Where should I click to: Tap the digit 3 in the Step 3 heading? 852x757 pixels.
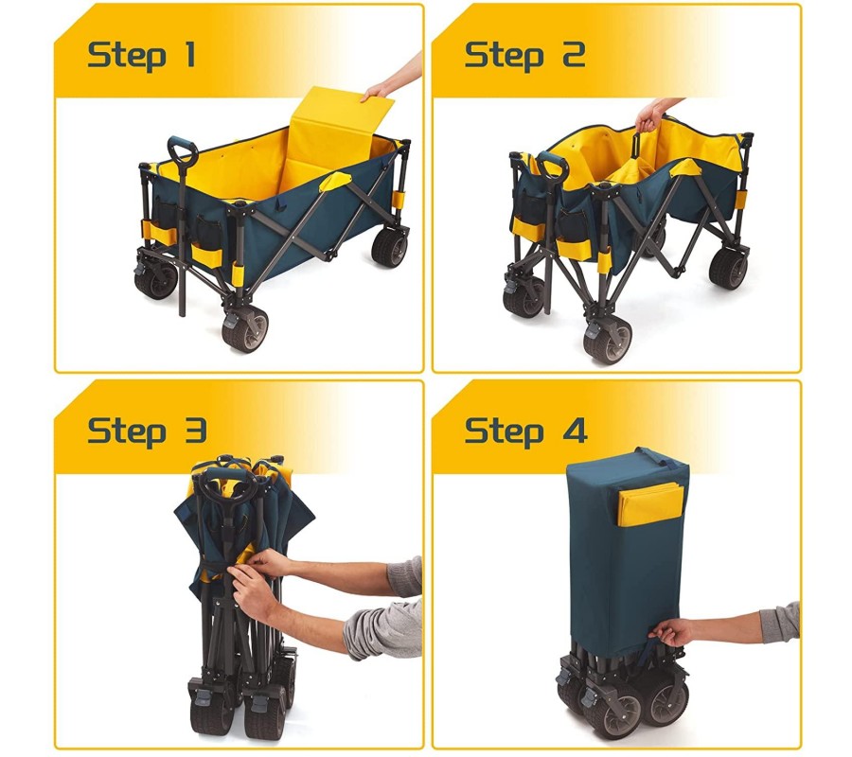coord(194,431)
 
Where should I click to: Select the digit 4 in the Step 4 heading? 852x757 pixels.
coord(575,431)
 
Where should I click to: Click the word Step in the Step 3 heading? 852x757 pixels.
coord(127,432)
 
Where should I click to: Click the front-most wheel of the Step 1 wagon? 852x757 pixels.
coord(245,329)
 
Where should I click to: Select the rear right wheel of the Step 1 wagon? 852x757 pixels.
coord(390,247)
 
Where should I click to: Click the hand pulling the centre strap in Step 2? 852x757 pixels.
coord(649,115)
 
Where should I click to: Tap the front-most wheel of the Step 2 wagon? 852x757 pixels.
coord(608,340)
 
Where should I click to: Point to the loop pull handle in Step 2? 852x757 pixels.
coord(552,166)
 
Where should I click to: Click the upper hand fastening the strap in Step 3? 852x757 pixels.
coord(271,562)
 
